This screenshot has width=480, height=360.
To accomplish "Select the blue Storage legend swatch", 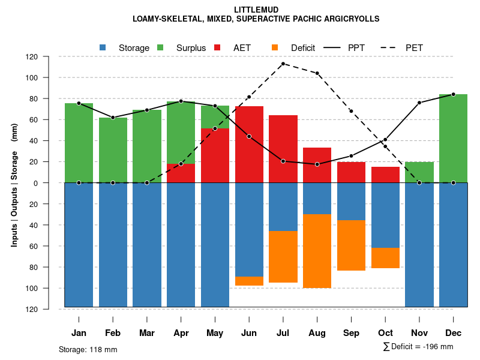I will click(103, 47).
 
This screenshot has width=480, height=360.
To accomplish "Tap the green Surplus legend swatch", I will click(160, 47).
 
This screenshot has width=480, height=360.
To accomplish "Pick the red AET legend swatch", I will click(218, 47).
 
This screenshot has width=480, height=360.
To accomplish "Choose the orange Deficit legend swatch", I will click(275, 47).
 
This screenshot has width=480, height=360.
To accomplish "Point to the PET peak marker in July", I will click(283, 64).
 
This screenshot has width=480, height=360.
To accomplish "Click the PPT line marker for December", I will click(453, 94).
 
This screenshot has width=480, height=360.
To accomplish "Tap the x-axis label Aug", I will click(317, 333).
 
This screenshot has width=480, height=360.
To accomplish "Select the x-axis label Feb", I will click(113, 333).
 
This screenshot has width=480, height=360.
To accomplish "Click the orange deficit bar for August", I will click(317, 251).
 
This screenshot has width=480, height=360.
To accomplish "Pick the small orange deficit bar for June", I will click(249, 281).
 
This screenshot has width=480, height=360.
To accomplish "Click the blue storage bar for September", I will click(351, 202).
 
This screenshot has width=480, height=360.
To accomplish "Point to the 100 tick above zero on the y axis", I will click(48, 78).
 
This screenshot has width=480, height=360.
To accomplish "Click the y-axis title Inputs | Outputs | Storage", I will click(14, 183).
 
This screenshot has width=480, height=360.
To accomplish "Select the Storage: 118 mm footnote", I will click(88, 349).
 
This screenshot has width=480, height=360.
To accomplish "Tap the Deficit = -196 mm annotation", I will click(418, 347).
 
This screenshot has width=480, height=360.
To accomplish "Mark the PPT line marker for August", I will click(317, 164).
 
